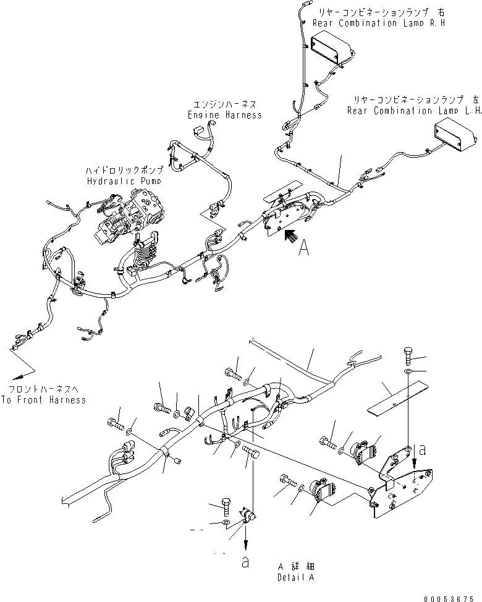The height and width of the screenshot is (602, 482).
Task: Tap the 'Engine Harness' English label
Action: pos(224,115)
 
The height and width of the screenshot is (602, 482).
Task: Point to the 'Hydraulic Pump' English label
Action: pos(124,181)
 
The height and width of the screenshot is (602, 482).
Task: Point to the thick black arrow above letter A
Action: pos(289,235)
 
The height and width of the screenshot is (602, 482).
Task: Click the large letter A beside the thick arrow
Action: pos(303,248)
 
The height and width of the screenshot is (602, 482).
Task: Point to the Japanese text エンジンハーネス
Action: pos(225,104)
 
